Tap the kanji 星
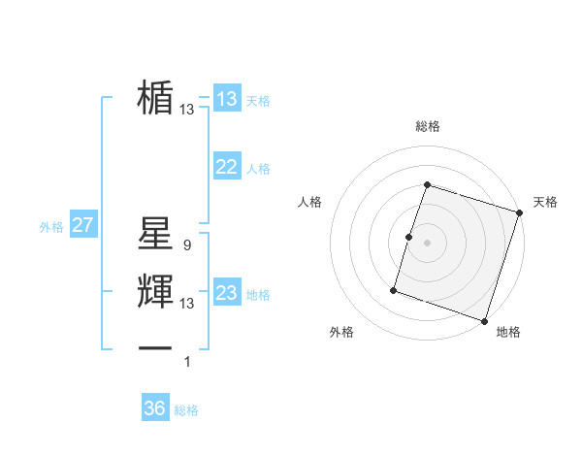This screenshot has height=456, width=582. tap(155, 233)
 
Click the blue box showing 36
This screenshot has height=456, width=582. tap(154, 408)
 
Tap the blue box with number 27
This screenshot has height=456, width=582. tap(82, 226)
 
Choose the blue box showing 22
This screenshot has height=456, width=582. tap(227, 167)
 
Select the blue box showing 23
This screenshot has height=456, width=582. tap(227, 293)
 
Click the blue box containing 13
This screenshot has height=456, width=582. tap(227, 99)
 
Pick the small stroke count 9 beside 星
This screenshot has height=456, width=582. tap(186, 245)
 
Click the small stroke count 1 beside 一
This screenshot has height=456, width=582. tap(188, 362)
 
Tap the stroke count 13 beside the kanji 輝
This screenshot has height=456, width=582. tap(186, 304)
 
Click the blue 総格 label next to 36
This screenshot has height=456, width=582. tap(186, 410)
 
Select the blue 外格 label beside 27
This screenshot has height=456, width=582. tap(51, 227)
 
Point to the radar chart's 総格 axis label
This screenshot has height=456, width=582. tap(428, 126)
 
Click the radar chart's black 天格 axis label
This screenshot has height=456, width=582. tap(546, 202)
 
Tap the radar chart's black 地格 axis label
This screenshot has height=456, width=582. tap(508, 333)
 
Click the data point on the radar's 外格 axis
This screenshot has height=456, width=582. tap(394, 289)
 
